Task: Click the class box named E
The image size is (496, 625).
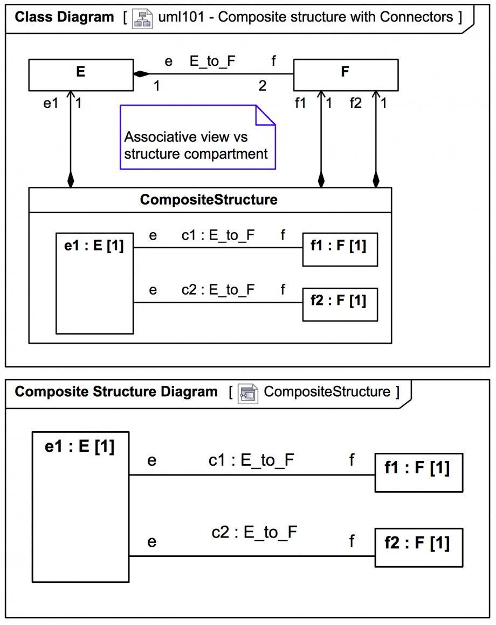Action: [x=80, y=74]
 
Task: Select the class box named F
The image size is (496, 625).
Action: [x=346, y=74]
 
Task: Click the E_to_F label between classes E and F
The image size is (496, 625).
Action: [x=212, y=62]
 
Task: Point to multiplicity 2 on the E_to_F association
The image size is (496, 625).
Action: [x=263, y=86]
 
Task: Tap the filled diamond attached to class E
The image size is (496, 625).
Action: [x=141, y=74]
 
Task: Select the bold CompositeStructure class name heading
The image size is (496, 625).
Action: [x=209, y=200]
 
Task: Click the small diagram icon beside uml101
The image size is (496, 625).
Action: [x=142, y=17]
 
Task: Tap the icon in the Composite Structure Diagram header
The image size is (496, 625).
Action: [x=249, y=392]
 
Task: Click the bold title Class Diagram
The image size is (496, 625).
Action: [x=64, y=17]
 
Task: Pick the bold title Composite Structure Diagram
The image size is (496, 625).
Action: [x=116, y=392]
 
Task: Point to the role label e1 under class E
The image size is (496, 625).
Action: [x=50, y=103]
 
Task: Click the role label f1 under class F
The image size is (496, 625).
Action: [x=300, y=103]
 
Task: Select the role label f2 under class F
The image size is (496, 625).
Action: [x=356, y=103]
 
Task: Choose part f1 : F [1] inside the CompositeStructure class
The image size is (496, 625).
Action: [x=340, y=249]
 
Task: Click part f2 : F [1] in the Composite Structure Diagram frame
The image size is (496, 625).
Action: [x=418, y=547]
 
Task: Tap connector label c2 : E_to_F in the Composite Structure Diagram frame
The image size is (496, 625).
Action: [x=254, y=532]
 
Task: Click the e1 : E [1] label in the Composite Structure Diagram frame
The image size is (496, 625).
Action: [x=80, y=447]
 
